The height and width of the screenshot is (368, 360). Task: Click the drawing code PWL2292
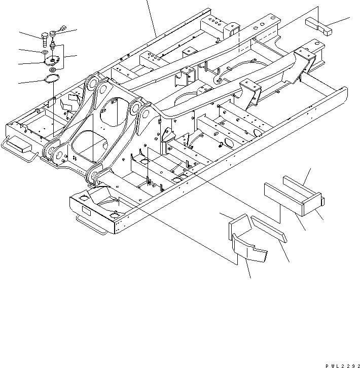(x=336, y=364)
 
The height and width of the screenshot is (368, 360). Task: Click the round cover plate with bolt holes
(x=50, y=61)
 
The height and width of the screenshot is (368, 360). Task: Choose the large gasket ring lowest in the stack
(x=51, y=79)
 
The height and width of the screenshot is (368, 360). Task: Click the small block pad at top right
(x=318, y=25)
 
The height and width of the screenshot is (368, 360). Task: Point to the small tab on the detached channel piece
(x=322, y=202)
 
